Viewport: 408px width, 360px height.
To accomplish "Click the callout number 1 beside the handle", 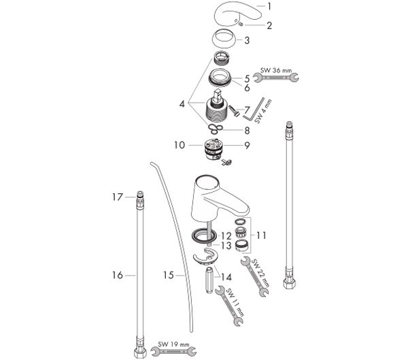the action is point(269,6).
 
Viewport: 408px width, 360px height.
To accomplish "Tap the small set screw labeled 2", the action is point(241,24).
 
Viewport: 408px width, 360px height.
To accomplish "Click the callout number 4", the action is point(182,104).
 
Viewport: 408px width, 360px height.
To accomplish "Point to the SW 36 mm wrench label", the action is point(276,70).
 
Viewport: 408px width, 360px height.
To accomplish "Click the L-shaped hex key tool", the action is point(254,110).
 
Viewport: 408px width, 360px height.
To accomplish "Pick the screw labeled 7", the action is point(234,111).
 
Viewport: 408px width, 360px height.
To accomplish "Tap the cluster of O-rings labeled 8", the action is point(216,129).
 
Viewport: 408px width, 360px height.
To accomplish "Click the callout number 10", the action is point(180,145).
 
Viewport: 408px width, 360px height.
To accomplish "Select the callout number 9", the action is point(247,146).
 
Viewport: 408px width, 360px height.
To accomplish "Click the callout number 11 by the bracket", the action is point(261,235).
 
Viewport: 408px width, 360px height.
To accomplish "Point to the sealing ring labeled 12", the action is point(204,235).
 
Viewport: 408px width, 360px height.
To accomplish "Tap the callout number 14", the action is point(226,277).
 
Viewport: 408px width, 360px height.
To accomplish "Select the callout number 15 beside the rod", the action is point(169,275).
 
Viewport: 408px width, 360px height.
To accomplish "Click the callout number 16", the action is point(118,275).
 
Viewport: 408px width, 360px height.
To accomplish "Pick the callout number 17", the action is point(118,197).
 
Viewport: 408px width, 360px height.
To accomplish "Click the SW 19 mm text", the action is point(173,344).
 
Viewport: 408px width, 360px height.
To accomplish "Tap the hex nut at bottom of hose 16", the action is point(140,353).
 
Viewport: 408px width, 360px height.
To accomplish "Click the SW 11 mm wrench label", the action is point(235,302).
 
